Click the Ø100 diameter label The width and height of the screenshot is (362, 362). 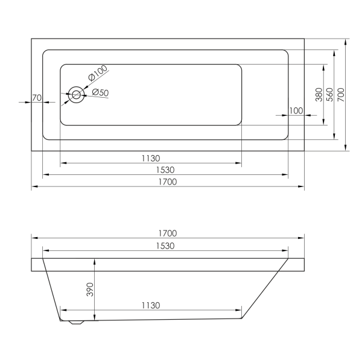click(x=98, y=72)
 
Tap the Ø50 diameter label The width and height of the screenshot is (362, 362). click(x=100, y=92)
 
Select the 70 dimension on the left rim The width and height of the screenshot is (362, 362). click(x=37, y=98)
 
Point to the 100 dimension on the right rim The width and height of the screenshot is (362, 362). click(x=296, y=111)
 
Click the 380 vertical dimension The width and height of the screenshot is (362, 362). click(x=319, y=95)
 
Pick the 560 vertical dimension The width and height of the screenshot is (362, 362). click(x=330, y=95)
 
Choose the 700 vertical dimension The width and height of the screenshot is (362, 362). click(x=341, y=95)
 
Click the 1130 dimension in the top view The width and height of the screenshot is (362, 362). click(x=151, y=158)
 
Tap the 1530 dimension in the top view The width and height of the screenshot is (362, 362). click(x=165, y=170)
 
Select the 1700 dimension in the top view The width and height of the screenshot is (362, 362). click(x=168, y=182)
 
